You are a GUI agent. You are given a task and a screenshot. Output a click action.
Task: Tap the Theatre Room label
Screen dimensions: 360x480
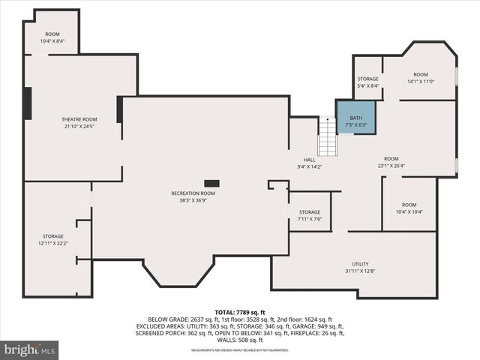(79, 119)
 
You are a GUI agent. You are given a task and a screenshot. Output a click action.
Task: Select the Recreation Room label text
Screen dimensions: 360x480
(193, 193)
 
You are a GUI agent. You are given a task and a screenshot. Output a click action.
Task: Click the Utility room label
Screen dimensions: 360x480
(361, 264)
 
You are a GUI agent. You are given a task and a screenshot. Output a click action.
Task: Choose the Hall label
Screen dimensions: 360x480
(309, 160)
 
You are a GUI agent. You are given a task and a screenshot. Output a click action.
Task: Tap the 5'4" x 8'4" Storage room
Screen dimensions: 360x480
(367, 82)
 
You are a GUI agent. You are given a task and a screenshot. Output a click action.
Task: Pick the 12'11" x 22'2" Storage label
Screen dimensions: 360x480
(52, 239)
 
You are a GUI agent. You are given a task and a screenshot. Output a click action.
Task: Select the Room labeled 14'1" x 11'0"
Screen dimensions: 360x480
(421, 77)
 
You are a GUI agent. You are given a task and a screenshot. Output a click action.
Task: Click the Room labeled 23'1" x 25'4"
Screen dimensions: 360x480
(391, 162)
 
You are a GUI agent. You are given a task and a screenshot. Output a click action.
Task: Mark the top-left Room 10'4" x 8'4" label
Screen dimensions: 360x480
(52, 37)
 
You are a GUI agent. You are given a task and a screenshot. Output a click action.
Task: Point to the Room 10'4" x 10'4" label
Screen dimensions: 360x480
(409, 208)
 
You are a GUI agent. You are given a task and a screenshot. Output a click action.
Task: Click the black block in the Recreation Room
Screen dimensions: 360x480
(212, 182)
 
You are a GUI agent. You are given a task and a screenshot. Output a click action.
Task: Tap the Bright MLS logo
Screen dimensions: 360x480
(30, 349)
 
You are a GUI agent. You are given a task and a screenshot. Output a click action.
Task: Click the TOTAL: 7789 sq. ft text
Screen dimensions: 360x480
(240, 312)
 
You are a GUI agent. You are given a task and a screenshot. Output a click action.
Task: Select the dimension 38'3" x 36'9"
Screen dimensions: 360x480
(193, 200)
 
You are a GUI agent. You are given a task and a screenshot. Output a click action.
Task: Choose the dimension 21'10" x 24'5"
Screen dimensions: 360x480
(79, 126)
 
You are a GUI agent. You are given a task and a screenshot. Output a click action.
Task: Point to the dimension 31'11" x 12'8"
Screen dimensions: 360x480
(361, 271)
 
